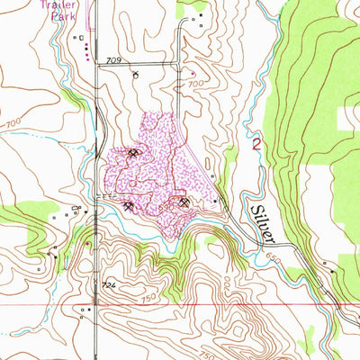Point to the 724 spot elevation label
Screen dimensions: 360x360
point(109,284)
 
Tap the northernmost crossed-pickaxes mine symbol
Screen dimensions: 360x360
point(134,155)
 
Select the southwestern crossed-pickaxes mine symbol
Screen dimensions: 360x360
point(129,206)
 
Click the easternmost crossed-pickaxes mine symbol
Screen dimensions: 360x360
point(185,202)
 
